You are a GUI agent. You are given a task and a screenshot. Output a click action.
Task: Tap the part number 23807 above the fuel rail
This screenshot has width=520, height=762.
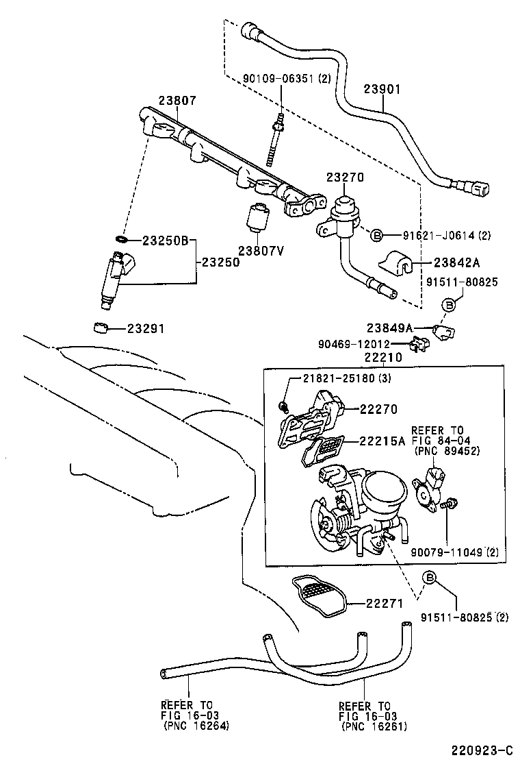tap(177, 100)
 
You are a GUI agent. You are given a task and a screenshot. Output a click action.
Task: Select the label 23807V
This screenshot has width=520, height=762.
tap(261, 250)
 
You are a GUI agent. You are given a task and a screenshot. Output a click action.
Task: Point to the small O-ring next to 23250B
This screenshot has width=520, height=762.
tap(121, 240)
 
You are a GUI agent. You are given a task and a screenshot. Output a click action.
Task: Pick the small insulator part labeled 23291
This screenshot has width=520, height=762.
tap(101, 328)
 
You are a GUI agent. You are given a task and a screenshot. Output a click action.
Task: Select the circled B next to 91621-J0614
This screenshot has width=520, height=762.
tap(376, 236)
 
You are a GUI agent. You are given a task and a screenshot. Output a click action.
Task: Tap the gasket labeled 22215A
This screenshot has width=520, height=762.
tap(325, 449)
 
